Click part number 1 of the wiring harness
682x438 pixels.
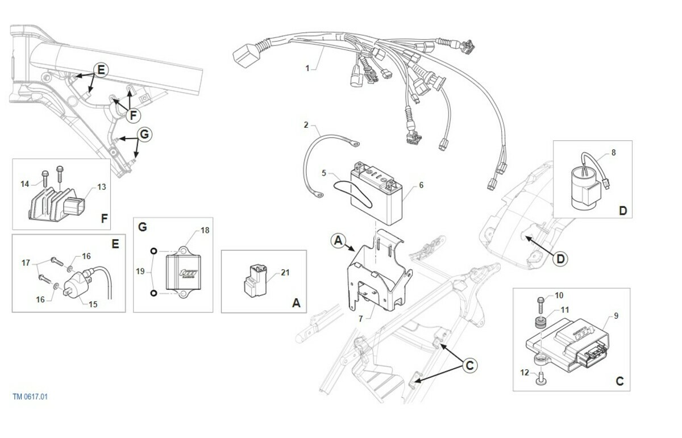(x=307, y=68)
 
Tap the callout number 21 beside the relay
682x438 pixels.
(x=285, y=273)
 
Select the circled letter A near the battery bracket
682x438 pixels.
(x=338, y=240)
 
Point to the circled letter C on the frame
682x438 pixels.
(x=469, y=365)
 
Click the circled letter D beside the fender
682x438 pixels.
(x=560, y=259)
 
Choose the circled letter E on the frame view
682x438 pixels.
(x=100, y=70)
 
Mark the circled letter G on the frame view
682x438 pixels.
(x=144, y=135)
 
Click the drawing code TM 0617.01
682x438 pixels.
(x=30, y=397)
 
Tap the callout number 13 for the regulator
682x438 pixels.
(x=101, y=186)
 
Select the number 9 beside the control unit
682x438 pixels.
(x=616, y=316)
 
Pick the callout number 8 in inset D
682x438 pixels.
(x=613, y=153)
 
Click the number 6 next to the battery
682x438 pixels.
(x=421, y=185)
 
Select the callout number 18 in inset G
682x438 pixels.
(x=205, y=230)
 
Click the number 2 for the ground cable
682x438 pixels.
(x=306, y=124)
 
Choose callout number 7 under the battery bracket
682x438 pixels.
(x=360, y=319)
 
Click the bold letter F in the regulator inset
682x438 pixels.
(x=104, y=218)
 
